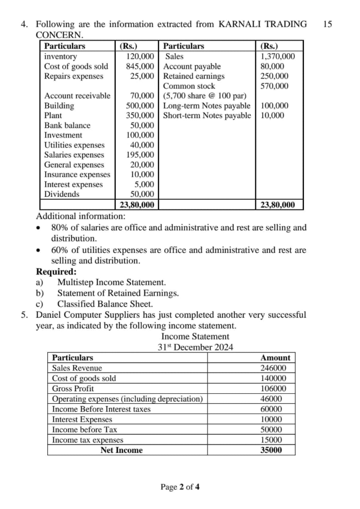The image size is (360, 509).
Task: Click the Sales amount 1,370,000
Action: [x=277, y=57]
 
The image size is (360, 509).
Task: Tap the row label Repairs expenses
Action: [x=74, y=76]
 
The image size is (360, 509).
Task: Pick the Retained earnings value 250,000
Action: [x=274, y=76]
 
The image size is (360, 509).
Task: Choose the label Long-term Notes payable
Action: [x=207, y=106]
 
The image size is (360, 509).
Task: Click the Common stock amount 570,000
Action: [x=274, y=86]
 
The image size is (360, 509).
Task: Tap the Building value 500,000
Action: [x=140, y=106]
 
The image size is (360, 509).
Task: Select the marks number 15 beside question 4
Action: [x=327, y=24]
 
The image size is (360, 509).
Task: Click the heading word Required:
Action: [x=57, y=272]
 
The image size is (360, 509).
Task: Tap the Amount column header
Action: [x=275, y=357]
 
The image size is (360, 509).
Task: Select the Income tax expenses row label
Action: [x=88, y=440]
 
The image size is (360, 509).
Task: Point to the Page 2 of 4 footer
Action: [x=180, y=487]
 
